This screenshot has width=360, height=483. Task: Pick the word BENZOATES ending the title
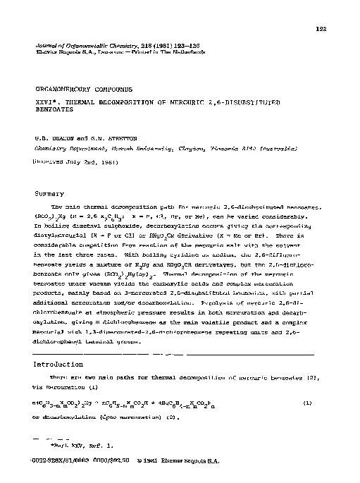[x=56, y=113]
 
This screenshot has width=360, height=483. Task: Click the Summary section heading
[x=49, y=192]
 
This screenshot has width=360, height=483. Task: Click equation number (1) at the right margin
[x=327, y=403]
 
